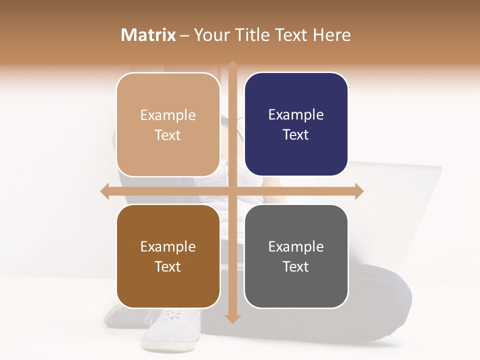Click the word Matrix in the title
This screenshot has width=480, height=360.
click(x=148, y=35)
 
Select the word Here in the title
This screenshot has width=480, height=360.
click(x=332, y=35)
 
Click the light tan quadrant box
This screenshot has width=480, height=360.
click(x=168, y=124)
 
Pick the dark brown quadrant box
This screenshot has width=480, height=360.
click(x=168, y=256)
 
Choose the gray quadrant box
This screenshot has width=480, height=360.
click(x=296, y=256)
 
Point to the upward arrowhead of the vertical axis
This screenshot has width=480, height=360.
click(x=232, y=65)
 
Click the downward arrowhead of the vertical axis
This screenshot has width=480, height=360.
click(x=232, y=318)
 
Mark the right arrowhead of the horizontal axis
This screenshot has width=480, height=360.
click(x=359, y=191)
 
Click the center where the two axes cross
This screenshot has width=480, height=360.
click(x=232, y=191)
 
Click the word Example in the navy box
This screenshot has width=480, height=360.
click(x=296, y=114)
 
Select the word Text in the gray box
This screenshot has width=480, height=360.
click(x=296, y=266)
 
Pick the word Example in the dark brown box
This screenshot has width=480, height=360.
click(x=168, y=246)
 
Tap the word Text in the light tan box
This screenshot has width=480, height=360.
click(x=168, y=135)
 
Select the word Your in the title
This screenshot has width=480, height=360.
click(x=210, y=35)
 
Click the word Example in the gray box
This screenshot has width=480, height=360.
click(x=296, y=246)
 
